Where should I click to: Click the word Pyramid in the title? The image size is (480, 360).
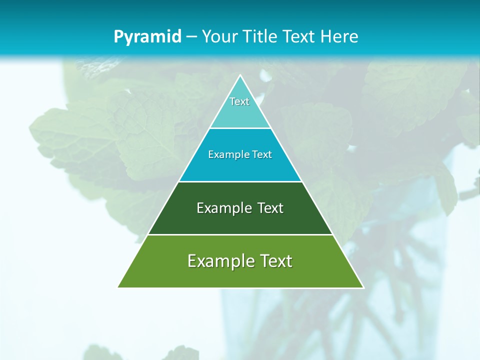[x=147, y=37]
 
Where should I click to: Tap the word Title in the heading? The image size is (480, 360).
[x=261, y=37]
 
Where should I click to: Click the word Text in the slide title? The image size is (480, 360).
[x=299, y=37]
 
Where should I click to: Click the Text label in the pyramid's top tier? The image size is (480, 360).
[x=239, y=101]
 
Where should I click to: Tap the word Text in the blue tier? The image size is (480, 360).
[x=262, y=154]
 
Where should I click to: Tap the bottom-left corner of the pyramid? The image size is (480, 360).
[x=118, y=287]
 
